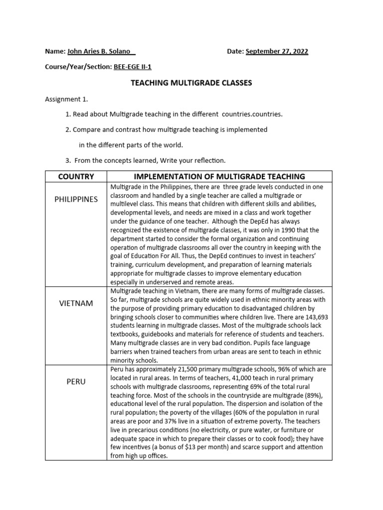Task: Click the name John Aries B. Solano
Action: click(99, 52)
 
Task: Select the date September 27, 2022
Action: click(277, 52)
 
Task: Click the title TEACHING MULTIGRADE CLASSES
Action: click(191, 83)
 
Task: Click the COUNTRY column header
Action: click(76, 176)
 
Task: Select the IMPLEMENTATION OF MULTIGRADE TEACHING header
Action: click(219, 176)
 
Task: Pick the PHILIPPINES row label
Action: click(76, 199)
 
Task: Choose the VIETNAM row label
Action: click(76, 303)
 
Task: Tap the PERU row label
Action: click(76, 382)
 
